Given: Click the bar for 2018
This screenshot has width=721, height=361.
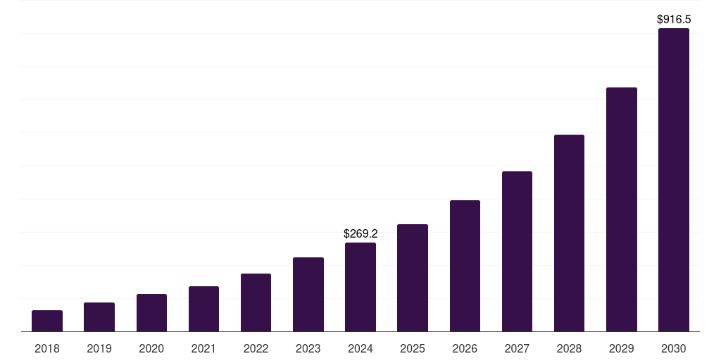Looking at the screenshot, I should coord(47,321).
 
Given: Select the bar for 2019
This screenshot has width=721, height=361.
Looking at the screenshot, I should coord(99,317).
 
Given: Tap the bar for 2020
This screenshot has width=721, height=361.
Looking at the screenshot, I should coord(151,313).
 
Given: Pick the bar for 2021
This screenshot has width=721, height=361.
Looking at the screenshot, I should coord(203,309).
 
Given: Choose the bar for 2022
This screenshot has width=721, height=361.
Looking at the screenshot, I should coord(256,302).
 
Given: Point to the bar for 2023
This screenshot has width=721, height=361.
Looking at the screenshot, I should coord(308,295).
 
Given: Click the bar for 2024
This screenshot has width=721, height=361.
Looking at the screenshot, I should coord(360,287).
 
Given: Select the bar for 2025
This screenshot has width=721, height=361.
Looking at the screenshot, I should coord(413,278).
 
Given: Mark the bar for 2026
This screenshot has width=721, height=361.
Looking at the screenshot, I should coord(465,266).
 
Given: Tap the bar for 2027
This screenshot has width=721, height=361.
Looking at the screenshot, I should coord(517,252).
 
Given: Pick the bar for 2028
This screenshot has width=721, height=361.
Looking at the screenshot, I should coord(569,233).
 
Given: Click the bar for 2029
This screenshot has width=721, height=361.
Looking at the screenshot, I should coord(621,209).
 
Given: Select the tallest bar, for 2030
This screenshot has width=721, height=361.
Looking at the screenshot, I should coord(673,180).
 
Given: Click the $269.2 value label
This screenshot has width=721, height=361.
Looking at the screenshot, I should coord(360,233).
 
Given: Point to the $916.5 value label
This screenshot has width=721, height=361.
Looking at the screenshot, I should coord(673,20).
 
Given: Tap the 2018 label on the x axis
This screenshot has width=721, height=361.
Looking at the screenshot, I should coord(47,348).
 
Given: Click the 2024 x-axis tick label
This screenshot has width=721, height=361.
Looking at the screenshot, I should coord(360,348).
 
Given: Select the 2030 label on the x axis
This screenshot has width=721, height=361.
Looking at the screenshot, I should coord(673,348).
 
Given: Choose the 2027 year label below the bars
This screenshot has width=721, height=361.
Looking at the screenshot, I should coord(517,348).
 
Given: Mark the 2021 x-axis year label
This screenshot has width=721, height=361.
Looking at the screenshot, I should coord(203,348).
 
